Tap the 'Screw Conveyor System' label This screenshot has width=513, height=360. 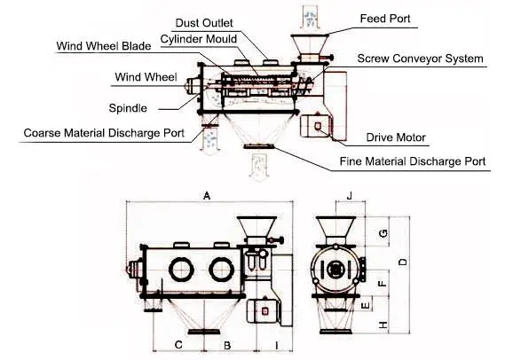point(420,59)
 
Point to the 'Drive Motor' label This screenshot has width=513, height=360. point(396,138)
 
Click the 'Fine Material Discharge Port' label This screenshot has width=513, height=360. point(413,162)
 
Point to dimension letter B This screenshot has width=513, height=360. point(227,343)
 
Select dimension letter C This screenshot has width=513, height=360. point(178,343)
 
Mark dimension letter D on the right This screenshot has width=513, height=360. point(403,262)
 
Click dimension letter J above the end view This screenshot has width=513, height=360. point(350,195)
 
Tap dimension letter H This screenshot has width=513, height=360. point(383,325)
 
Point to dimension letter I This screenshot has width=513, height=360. point(277,343)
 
